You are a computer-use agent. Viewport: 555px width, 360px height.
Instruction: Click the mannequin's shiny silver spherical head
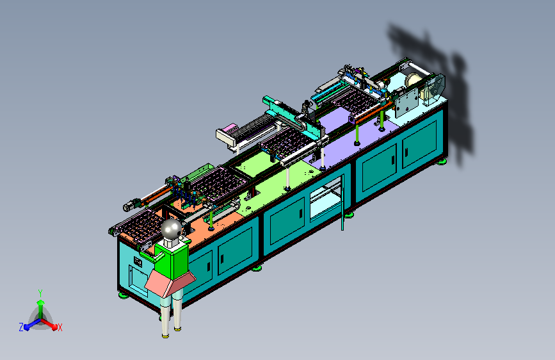(x=172, y=229)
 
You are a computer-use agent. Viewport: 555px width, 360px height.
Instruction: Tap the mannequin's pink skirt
(x=170, y=282)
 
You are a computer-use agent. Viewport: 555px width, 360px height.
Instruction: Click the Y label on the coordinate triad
(x=40, y=293)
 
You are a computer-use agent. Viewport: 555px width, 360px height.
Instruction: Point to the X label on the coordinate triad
(x=60, y=327)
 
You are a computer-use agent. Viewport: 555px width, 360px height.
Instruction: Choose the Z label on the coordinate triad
(x=21, y=327)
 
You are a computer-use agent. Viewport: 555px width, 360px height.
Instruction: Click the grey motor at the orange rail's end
(x=130, y=206)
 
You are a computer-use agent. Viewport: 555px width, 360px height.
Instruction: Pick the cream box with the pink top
(x=227, y=135)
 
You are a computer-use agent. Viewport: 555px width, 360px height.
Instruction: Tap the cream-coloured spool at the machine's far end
(x=412, y=83)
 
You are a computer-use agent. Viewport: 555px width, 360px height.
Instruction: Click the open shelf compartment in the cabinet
(x=326, y=199)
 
